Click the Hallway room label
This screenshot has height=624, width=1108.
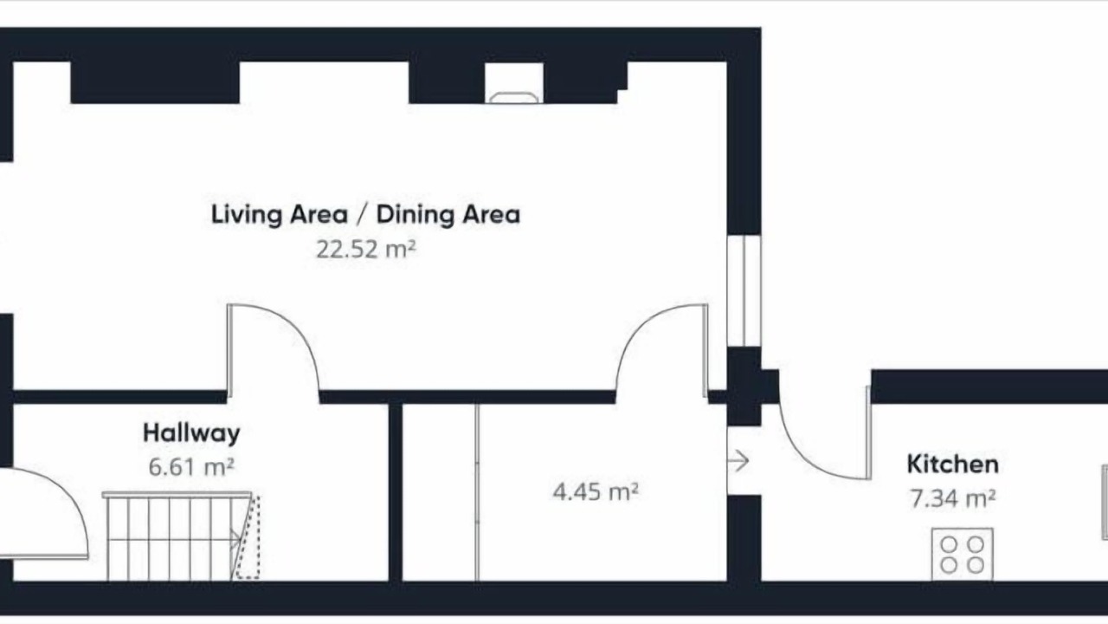pyautogui.click(x=191, y=433)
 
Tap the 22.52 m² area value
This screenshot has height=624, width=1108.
pyautogui.click(x=366, y=249)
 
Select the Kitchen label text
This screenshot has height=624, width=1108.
pyautogui.click(x=953, y=465)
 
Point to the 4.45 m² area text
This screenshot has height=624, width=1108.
pyautogui.click(x=596, y=491)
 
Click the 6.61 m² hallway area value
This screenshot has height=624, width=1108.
pyautogui.click(x=191, y=467)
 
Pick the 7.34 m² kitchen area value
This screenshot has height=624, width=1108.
pyautogui.click(x=953, y=498)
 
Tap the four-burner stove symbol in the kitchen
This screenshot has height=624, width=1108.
pyautogui.click(x=962, y=554)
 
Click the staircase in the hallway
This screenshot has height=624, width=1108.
pyautogui.click(x=176, y=536)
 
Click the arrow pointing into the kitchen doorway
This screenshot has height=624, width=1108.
pyautogui.click(x=738, y=461)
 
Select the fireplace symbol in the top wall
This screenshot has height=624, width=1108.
pyautogui.click(x=514, y=98)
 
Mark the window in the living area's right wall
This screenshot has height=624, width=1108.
pyautogui.click(x=744, y=290)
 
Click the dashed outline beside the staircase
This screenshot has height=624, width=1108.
pyautogui.click(x=248, y=537)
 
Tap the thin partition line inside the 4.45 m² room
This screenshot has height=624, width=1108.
pyautogui.click(x=477, y=492)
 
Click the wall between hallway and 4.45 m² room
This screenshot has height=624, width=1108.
pyautogui.click(x=396, y=492)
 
